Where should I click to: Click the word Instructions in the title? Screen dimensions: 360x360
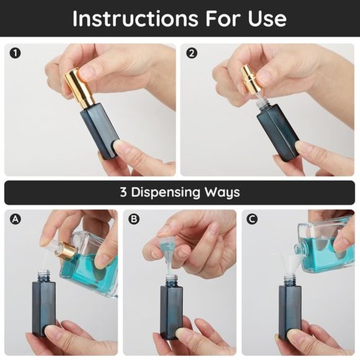coord(135,18)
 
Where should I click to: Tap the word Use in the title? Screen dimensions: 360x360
coord(267,18)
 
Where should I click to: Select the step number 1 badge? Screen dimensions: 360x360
coord(15,53)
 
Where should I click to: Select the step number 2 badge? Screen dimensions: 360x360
coord(192,53)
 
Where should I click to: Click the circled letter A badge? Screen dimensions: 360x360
coord(15,219)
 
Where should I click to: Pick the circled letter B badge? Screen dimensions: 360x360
coord(134,219)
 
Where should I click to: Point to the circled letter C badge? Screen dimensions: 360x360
coord(252,219)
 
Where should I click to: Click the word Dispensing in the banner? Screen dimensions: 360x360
coord(165,193)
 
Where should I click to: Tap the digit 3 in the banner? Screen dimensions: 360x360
coord(123,192)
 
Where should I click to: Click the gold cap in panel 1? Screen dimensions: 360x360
coord(78,87)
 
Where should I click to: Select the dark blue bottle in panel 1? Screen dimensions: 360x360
coord(99,131)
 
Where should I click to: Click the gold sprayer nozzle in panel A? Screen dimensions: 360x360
coord(64,250)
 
